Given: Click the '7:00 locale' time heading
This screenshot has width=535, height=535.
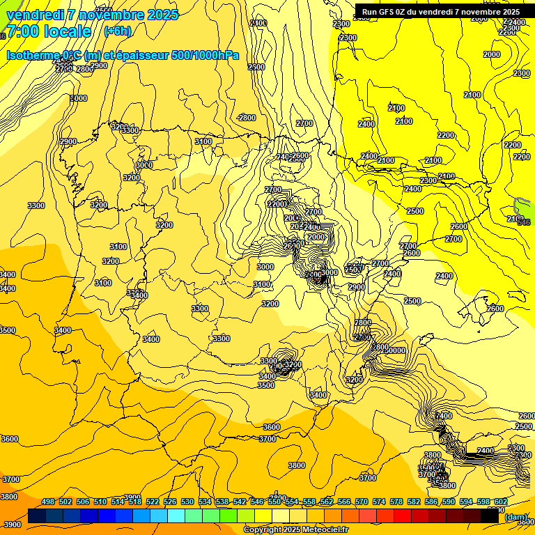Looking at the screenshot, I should coord(48,31).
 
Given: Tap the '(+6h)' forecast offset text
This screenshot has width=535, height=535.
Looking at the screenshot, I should coord(117,31).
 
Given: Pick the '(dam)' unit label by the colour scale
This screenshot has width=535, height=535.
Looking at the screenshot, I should coord(516,518).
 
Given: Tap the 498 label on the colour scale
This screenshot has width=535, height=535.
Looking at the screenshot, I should coord(48,502).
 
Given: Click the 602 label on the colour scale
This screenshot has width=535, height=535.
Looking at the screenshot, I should coord(500,502).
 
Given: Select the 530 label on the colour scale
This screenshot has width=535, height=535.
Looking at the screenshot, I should coord(187,502).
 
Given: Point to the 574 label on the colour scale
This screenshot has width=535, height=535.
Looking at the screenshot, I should coord(379,502).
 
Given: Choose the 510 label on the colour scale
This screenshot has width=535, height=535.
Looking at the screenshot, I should coord(100,502).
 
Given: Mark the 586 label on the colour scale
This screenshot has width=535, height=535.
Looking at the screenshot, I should coord(431,502).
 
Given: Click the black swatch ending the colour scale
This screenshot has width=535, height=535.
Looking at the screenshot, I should coord(490,516).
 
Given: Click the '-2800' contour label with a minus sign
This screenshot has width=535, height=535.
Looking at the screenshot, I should coord(246,118).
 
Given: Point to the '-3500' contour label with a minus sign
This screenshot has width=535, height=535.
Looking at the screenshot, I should coord(265,385).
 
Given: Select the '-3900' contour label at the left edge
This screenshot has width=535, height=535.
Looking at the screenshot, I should coord(10,525).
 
